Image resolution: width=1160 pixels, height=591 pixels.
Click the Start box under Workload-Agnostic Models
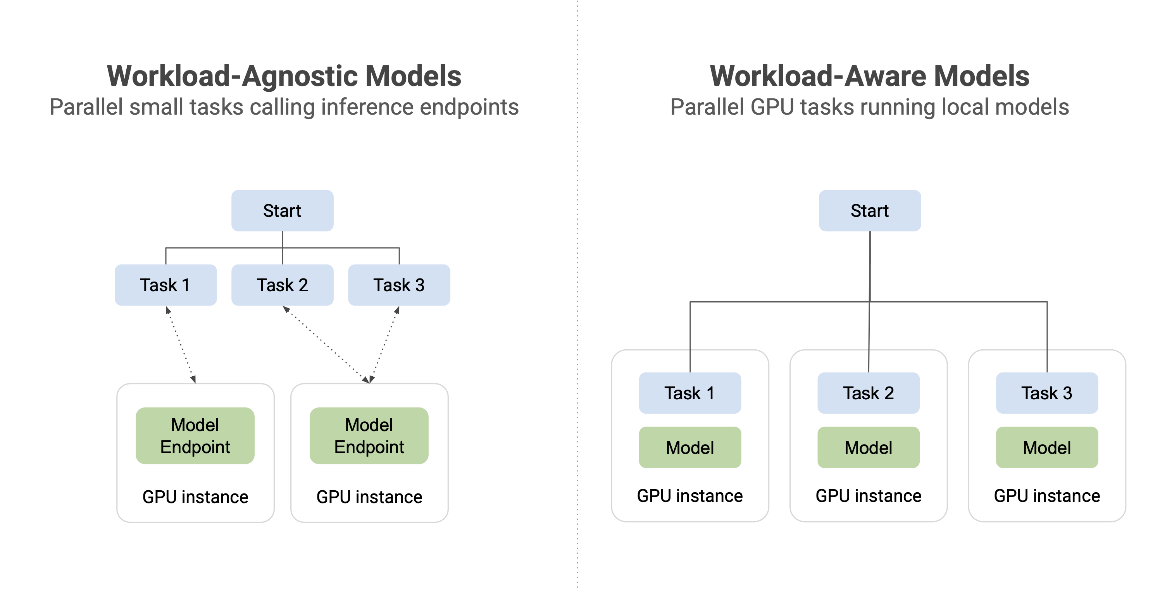point(282,211)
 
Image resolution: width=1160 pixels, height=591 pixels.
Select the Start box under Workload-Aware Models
point(870,211)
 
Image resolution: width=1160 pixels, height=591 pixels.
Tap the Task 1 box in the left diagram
point(166,285)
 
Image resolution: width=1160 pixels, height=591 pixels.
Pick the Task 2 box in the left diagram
point(282,285)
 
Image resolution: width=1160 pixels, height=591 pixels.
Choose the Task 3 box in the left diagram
point(399,285)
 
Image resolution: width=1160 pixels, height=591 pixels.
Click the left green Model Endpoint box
point(195,436)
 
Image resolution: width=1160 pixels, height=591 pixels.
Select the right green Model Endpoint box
point(369,436)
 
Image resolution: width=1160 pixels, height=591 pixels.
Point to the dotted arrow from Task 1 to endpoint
point(181,345)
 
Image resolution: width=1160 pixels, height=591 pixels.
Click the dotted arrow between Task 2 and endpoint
point(326,345)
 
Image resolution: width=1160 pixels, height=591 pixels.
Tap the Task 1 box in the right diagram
point(690,393)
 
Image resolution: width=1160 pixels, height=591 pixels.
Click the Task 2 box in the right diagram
point(868,393)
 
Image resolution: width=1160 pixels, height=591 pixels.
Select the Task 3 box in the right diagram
point(1047,393)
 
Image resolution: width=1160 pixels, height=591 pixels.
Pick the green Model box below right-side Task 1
point(690,447)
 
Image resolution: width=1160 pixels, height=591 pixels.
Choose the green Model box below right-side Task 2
point(868,447)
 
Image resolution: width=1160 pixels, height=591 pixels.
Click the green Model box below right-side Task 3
point(1047,447)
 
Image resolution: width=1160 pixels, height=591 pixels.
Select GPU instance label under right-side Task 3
point(1047,496)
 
